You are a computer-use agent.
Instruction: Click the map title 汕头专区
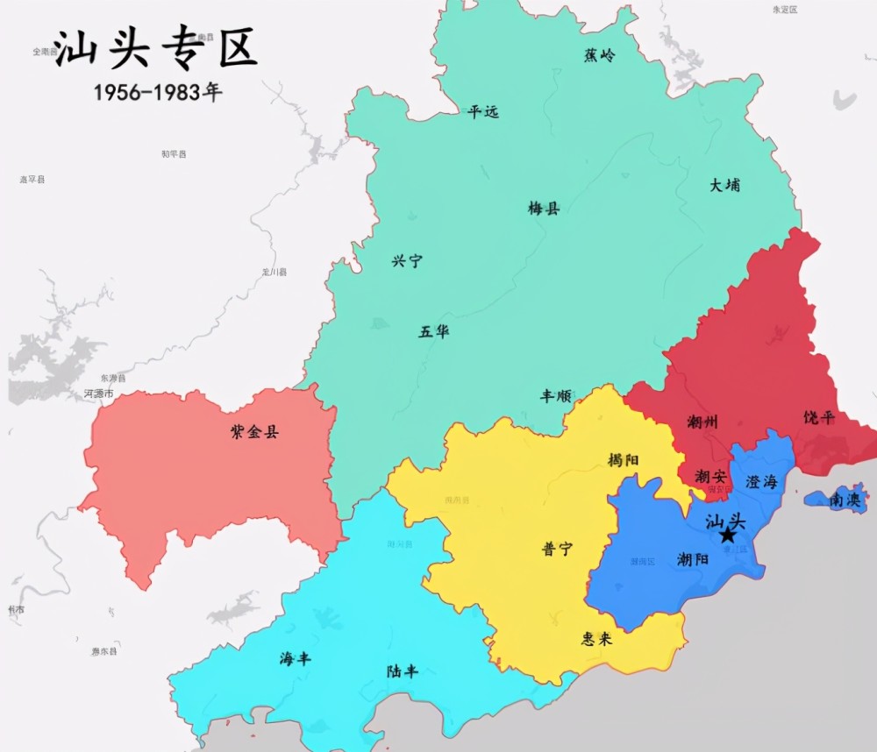(x=155, y=49)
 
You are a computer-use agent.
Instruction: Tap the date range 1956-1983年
(x=158, y=92)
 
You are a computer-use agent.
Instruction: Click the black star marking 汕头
(x=727, y=535)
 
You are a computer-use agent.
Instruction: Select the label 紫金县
(x=253, y=431)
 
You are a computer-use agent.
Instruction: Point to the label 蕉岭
(x=600, y=55)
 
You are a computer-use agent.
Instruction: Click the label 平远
(x=482, y=111)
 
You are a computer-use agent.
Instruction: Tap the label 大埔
(x=724, y=185)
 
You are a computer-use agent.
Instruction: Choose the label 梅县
(x=544, y=209)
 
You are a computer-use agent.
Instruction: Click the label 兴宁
(x=407, y=260)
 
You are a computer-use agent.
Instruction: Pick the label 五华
(x=434, y=331)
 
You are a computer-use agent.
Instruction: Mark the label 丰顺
(x=555, y=396)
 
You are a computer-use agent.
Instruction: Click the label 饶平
(x=819, y=418)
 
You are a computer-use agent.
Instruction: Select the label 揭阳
(x=624, y=459)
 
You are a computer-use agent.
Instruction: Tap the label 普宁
(x=557, y=549)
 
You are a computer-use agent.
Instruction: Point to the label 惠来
(x=596, y=639)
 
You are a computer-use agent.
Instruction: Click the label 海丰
(x=296, y=658)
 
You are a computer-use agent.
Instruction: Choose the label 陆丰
(x=403, y=671)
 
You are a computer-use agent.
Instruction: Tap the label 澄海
(x=761, y=482)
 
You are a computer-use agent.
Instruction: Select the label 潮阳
(x=694, y=559)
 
